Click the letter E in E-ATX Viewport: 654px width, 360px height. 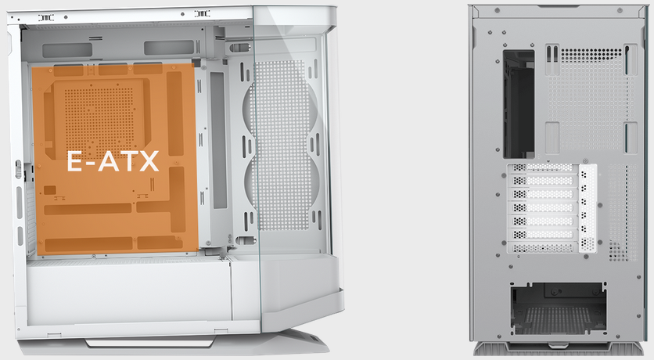[74, 161]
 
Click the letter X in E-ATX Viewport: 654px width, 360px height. [149, 161]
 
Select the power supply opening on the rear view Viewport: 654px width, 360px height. [559, 308]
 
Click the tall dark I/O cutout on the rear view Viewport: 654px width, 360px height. [519, 104]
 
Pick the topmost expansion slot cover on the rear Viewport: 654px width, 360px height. [543, 167]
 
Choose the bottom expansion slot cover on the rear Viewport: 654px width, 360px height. [543, 248]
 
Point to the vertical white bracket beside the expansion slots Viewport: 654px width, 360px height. [588, 208]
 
